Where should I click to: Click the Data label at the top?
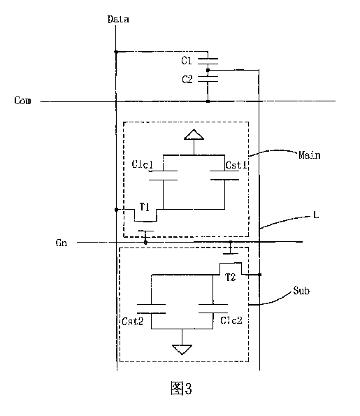118,19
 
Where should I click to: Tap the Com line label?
22,101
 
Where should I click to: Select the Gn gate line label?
62,243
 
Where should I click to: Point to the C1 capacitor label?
186,61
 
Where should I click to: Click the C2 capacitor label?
187,79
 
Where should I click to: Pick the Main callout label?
310,155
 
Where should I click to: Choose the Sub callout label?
301,291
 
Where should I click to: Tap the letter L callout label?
316,215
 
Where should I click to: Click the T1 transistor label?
145,207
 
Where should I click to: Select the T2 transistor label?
230,278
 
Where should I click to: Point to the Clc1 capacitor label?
143,164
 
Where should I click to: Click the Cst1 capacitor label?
236,165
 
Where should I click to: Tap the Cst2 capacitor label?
132,322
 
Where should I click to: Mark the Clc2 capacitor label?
231,320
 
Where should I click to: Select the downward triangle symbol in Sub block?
182,350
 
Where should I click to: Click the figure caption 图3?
181,388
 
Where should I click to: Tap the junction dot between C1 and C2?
208,70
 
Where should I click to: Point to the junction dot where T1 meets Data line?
116,210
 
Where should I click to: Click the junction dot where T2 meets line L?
260,275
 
